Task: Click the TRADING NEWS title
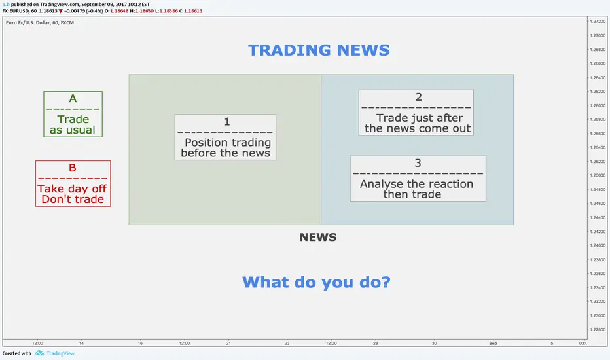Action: tap(319, 50)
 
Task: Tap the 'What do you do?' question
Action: tap(316, 282)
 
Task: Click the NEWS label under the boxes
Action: tap(318, 237)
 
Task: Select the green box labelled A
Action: tap(73, 114)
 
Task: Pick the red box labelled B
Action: tap(73, 183)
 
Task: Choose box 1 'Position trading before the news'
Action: tap(225, 137)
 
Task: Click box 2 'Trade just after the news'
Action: tap(416, 113)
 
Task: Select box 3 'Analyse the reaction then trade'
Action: tap(418, 179)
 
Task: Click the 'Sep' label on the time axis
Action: tap(493, 343)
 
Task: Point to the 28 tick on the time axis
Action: tap(376, 343)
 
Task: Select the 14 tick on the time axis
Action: tap(81, 343)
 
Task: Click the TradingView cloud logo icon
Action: tap(39, 353)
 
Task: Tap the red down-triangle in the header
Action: tap(60, 11)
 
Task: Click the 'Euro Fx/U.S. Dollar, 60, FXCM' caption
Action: tap(40, 22)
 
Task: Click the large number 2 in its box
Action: tap(419, 97)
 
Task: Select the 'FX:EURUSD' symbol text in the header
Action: tap(16, 11)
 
